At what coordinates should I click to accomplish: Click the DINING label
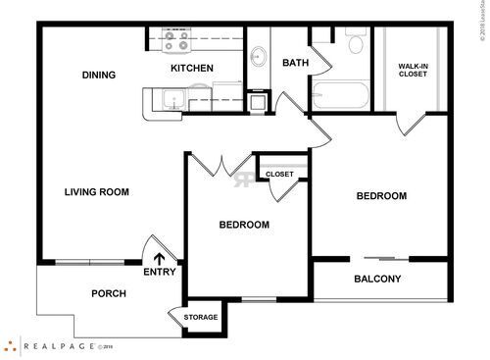pos(99,75)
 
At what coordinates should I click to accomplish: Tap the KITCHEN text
pos(192,68)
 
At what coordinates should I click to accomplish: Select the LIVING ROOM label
pos(97,192)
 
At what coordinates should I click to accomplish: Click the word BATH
pos(294,63)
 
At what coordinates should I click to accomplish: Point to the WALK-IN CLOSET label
pos(412,71)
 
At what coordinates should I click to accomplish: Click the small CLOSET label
pos(279,175)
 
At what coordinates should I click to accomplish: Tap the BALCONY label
pos(377,280)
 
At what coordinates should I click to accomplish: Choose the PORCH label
pos(108,294)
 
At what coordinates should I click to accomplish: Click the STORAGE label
pos(201,318)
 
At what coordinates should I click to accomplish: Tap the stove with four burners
pos(176,41)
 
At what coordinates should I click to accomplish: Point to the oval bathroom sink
pos(259,56)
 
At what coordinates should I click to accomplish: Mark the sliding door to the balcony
pos(377,259)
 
